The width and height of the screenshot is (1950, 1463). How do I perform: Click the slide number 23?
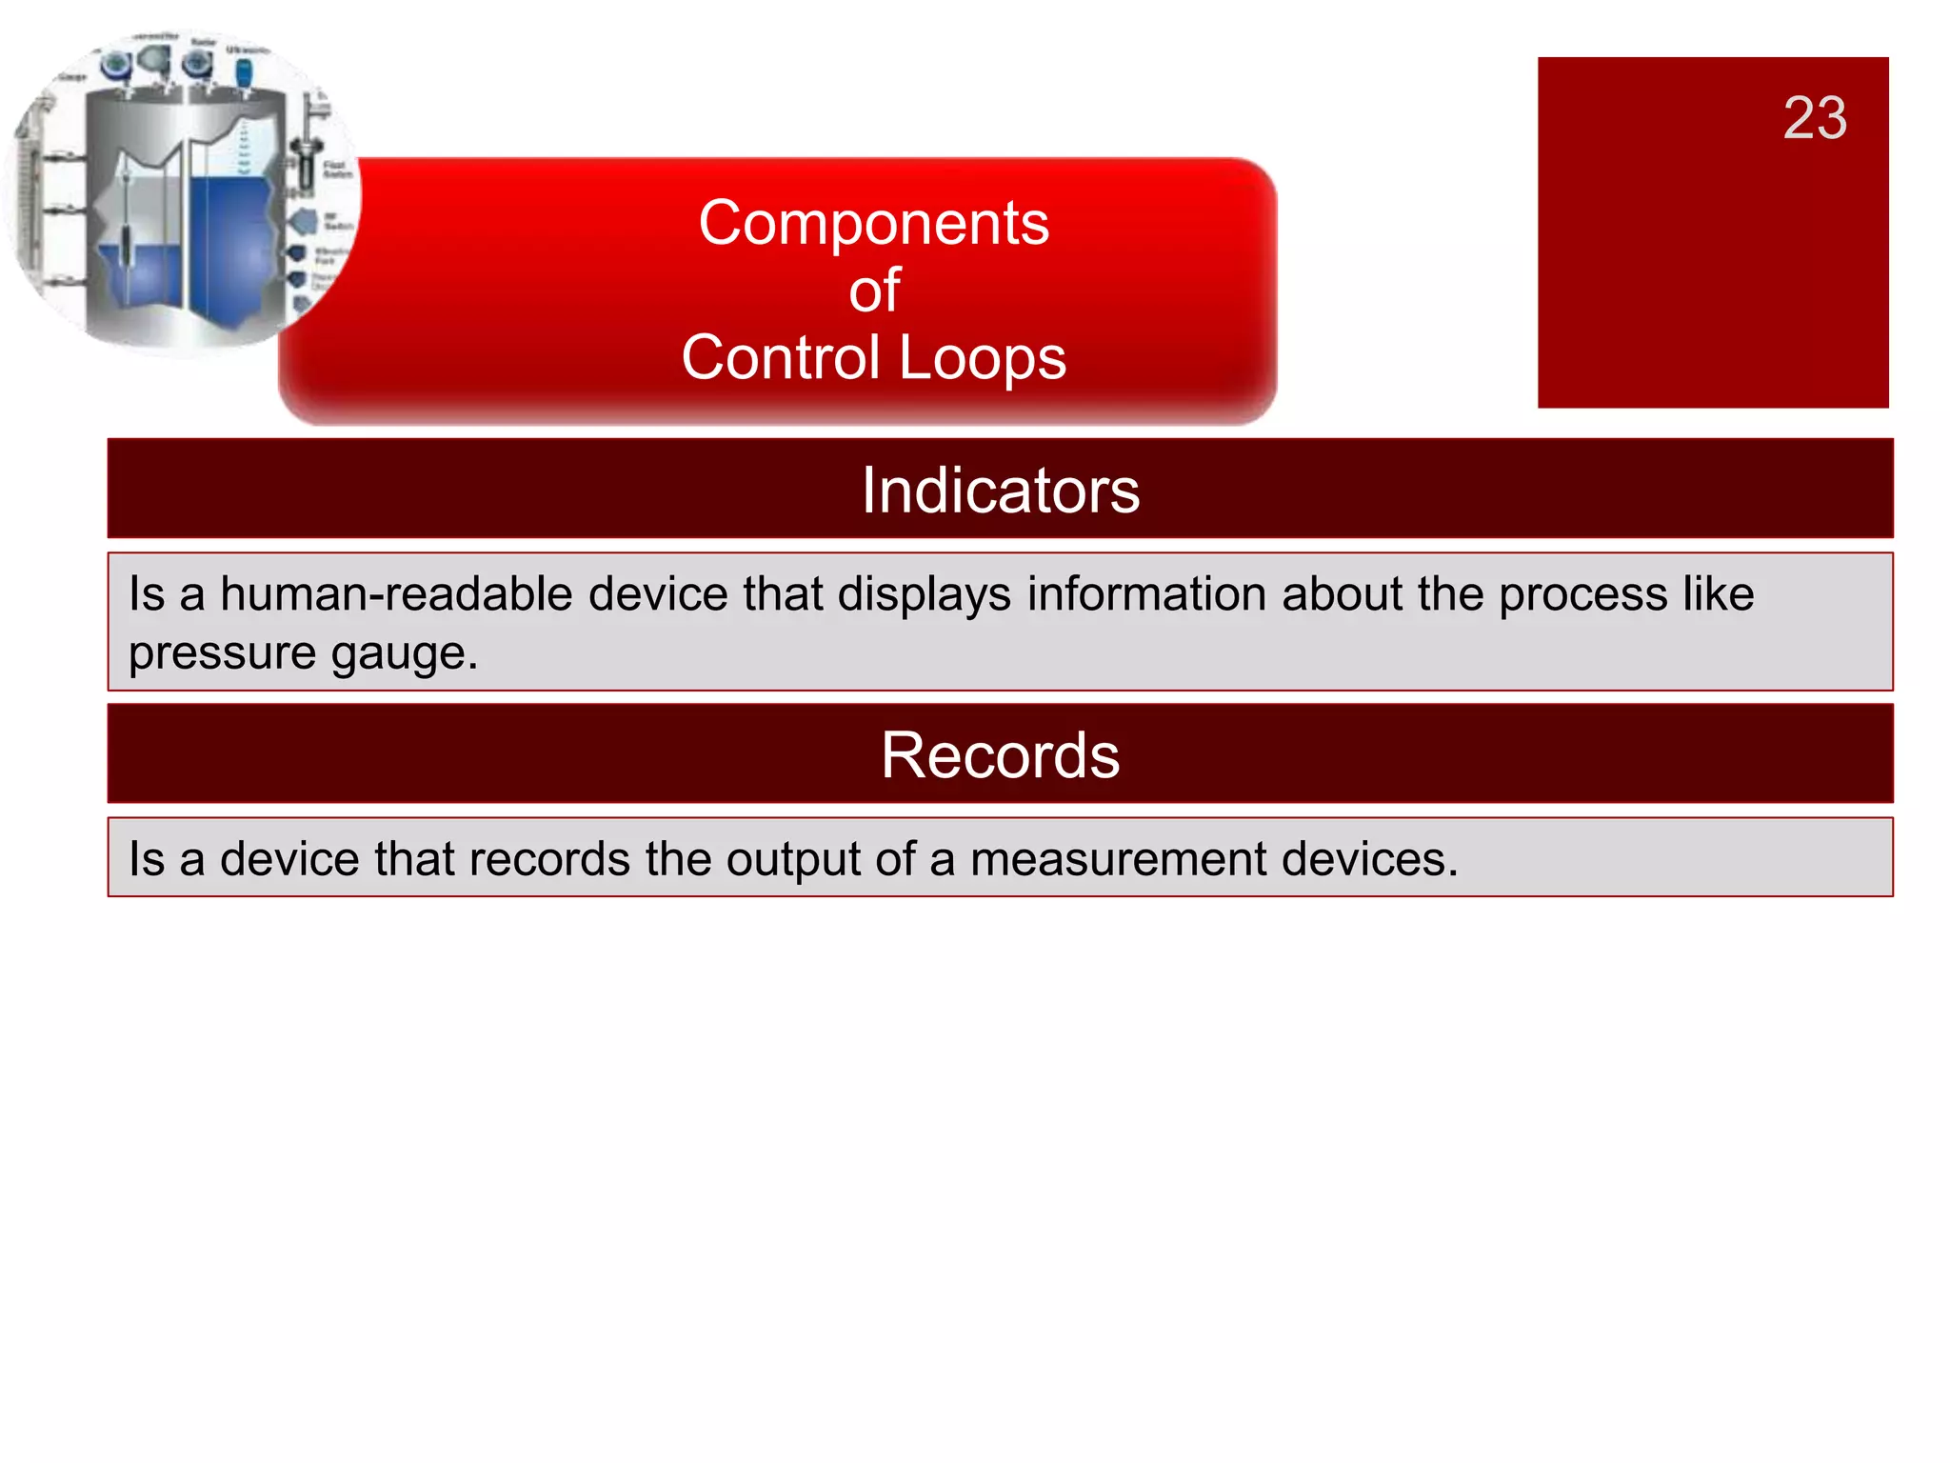coord(1815,118)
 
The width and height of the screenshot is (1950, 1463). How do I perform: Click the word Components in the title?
coord(873,223)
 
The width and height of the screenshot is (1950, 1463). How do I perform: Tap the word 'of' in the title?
coord(874,291)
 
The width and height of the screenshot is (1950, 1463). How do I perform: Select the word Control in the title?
coord(780,358)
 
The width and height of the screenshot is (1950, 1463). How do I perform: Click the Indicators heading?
coord(1000,491)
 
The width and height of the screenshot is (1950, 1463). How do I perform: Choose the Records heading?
coord(1000,755)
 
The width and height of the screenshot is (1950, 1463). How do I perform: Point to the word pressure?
coord(222,654)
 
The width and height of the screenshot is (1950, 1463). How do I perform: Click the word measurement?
coord(1118,859)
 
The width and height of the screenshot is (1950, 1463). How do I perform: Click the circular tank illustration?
coord(181,190)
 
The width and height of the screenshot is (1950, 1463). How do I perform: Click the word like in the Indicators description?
coord(1718,594)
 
